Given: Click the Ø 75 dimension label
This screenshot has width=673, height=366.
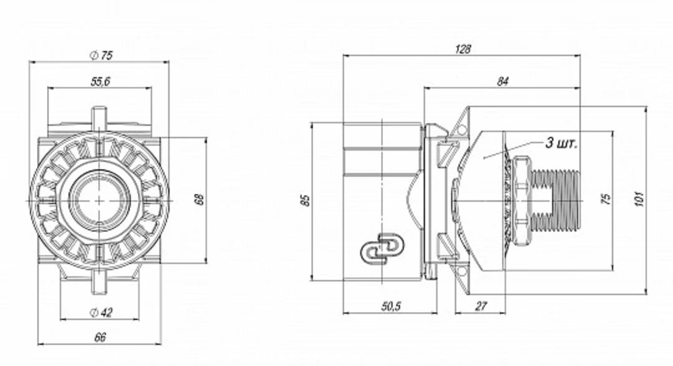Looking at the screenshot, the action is (102, 55).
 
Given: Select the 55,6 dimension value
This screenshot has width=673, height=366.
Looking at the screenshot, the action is (100, 81).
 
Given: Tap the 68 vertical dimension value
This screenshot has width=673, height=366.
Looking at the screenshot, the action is (199, 200).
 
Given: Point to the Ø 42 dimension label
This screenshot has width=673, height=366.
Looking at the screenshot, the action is (101, 313).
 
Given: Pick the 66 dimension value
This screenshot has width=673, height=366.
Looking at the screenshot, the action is (100, 337).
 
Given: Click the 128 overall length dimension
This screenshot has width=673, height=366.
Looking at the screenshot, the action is (463, 49).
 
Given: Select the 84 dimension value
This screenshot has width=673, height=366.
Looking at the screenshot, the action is (502, 81).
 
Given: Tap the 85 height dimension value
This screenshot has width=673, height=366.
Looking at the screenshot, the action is (305, 200).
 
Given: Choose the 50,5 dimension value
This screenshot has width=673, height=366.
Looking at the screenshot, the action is (390, 306).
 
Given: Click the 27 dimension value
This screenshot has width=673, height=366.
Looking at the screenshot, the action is (481, 306).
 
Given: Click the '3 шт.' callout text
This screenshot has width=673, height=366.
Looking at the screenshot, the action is (561, 143).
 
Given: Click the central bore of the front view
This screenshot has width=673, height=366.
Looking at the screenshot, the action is (100, 200).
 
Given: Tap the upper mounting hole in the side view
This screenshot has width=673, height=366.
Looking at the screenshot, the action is (462, 130).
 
